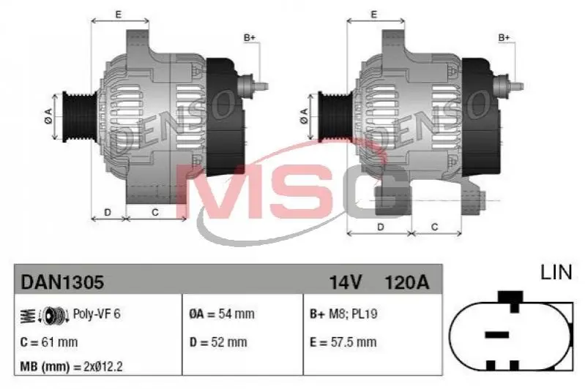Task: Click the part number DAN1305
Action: click(x=62, y=282)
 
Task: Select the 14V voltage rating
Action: click(x=345, y=282)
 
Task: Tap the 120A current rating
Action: click(x=406, y=282)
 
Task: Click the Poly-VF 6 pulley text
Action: click(x=97, y=314)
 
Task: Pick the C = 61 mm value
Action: click(x=49, y=342)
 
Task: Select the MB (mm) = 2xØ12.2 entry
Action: click(x=71, y=366)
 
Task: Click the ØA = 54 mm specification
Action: click(x=222, y=314)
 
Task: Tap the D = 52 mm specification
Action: click(x=218, y=342)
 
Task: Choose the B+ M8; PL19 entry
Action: click(x=343, y=314)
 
